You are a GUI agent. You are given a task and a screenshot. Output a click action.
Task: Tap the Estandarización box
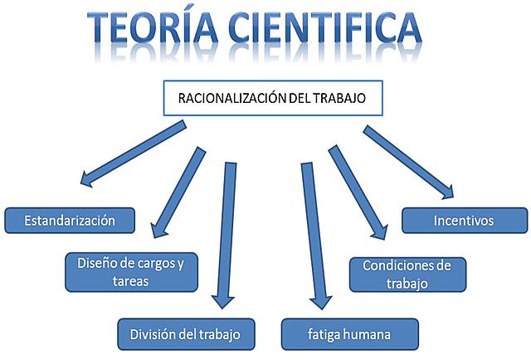70,221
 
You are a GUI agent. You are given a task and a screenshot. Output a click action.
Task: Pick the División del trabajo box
185,333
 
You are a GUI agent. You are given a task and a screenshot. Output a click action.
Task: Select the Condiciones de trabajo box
407,274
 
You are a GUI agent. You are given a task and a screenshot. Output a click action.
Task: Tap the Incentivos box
464,221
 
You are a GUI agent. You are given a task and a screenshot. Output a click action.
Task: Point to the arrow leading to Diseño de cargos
176,189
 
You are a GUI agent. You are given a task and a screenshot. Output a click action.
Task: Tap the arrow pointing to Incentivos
408,162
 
